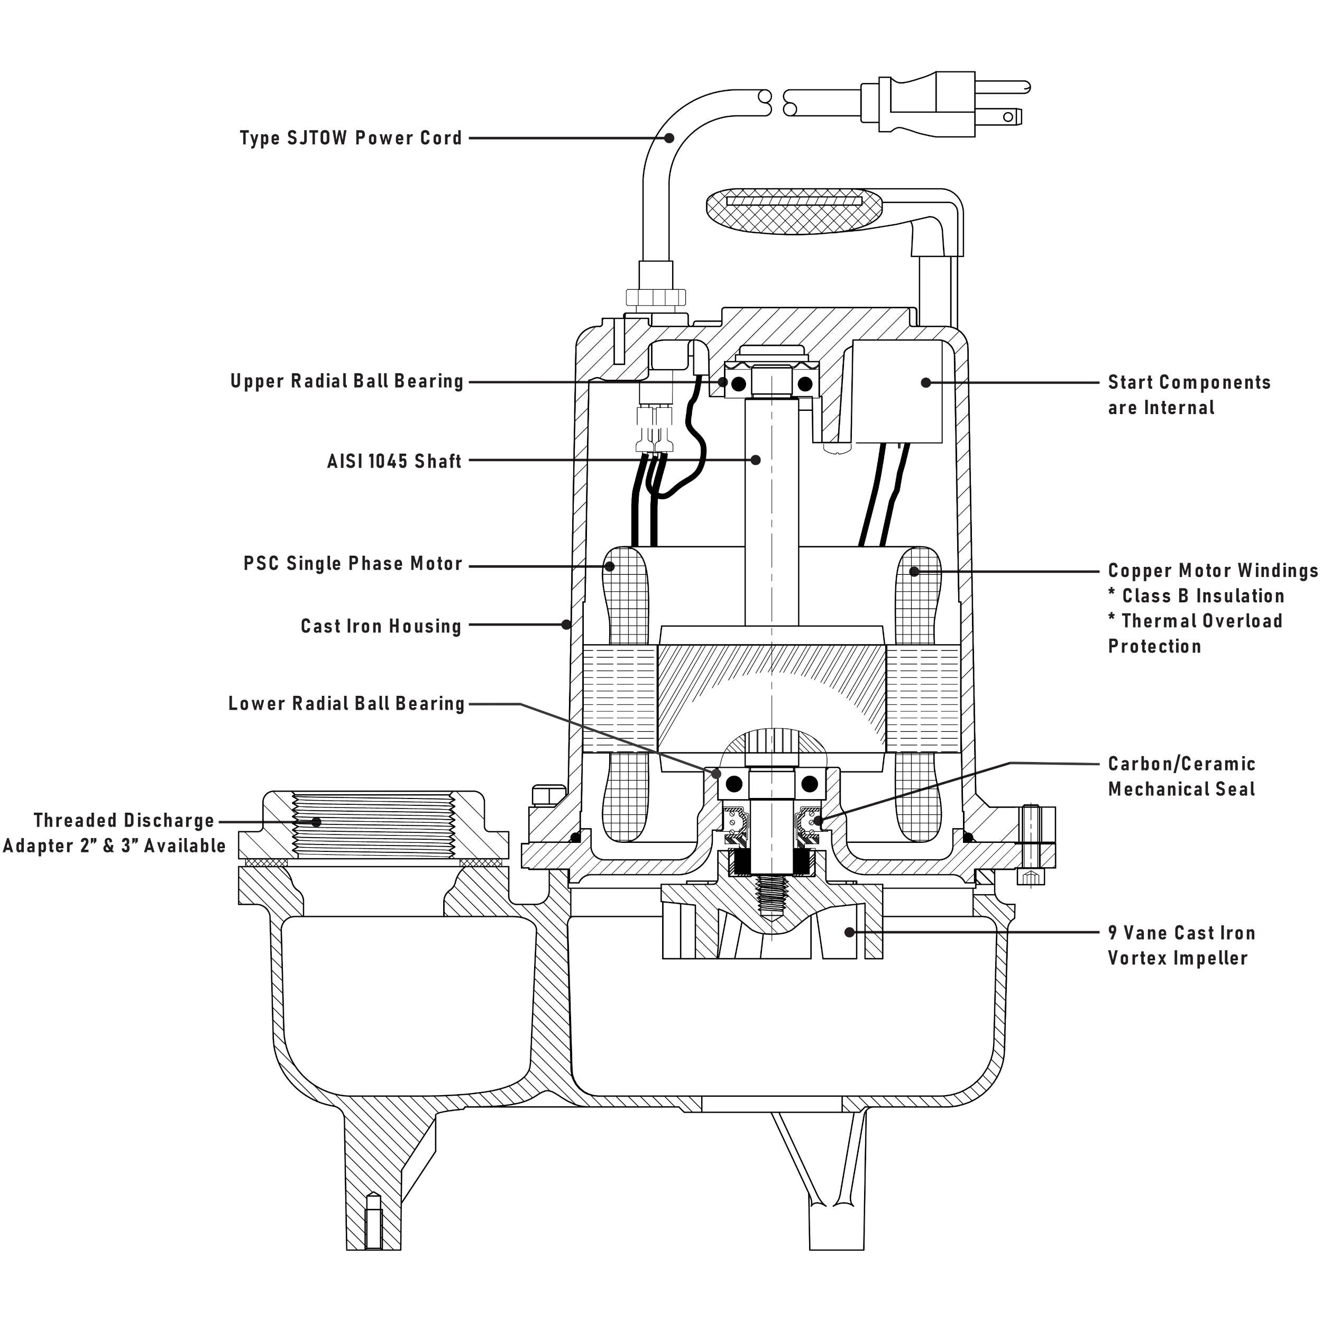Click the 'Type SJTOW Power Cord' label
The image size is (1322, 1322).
(x=351, y=138)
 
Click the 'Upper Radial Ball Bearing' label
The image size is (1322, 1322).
(x=347, y=381)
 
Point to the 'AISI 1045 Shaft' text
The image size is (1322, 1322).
(x=394, y=461)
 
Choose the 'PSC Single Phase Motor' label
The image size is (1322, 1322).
(x=353, y=564)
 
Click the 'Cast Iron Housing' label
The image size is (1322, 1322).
(x=381, y=626)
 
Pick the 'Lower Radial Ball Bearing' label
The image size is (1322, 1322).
(x=346, y=703)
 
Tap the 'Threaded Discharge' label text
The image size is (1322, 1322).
(x=124, y=821)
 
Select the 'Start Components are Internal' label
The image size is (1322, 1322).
(x=1189, y=395)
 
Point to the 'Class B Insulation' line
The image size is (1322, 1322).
(x=1196, y=596)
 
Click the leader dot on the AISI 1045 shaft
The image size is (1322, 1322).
(x=756, y=460)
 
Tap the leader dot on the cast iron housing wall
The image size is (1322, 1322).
(x=566, y=624)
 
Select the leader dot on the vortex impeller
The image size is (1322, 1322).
(x=849, y=932)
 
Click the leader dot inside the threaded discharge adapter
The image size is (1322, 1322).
(x=316, y=822)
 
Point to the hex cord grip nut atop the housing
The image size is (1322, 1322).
(x=656, y=297)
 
